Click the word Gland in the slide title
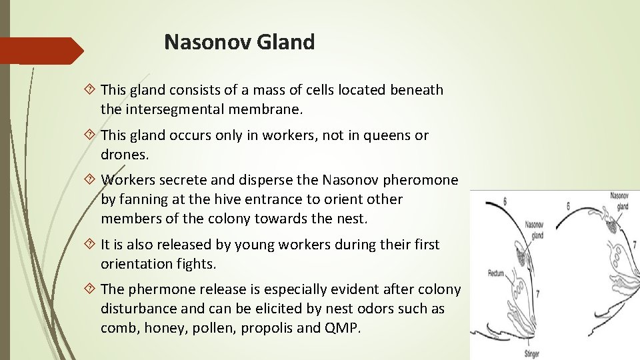[x=289, y=42]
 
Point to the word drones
[x=124, y=154]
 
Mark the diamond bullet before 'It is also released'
[x=91, y=245]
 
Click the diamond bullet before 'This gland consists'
[x=91, y=90]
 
